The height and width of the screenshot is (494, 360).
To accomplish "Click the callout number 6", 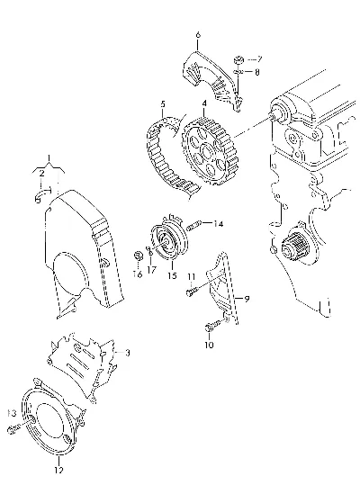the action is click(198, 35).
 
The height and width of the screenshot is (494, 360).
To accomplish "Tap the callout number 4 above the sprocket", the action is click(204, 103).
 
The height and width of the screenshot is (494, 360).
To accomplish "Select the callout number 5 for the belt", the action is click(163, 104).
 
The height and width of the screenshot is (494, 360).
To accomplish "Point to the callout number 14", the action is click(218, 224).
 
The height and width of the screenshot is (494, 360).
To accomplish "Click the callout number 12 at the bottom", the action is click(58, 470).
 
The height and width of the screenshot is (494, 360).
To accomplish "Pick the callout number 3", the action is click(127, 353).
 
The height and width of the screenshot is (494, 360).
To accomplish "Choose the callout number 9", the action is click(247, 299).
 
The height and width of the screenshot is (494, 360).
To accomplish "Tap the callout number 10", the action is click(209, 345).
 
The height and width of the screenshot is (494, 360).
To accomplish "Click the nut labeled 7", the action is click(238, 59).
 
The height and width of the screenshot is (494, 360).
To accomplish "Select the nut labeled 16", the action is click(138, 256).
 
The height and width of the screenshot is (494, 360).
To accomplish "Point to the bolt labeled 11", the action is click(192, 292).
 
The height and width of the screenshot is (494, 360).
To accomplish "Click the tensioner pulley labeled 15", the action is click(169, 239).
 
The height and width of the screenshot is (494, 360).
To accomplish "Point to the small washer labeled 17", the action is click(149, 250).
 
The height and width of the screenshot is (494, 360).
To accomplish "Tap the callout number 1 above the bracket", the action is click(49, 158).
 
